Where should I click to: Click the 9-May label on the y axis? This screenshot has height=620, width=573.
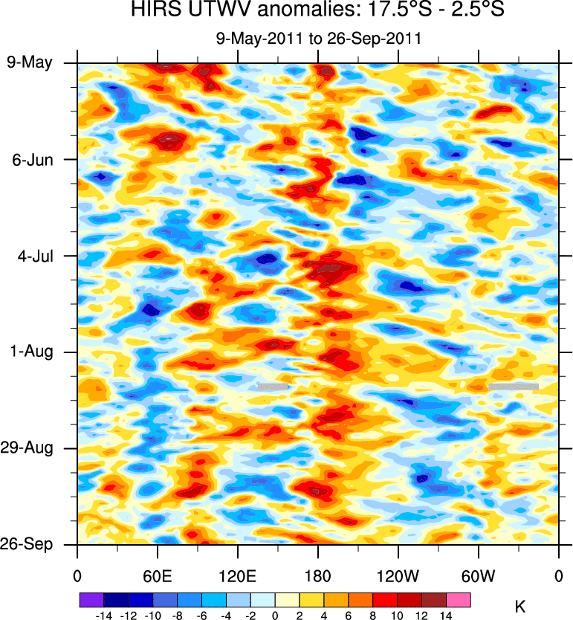click(x=30, y=62)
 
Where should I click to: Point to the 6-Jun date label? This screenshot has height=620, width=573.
click(x=30, y=159)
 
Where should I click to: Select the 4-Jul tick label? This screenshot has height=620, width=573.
click(x=33, y=256)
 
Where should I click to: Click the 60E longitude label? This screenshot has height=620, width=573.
click(x=158, y=576)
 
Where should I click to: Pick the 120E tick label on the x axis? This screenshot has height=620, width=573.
click(x=238, y=576)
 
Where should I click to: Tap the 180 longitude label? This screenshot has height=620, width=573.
click(x=318, y=576)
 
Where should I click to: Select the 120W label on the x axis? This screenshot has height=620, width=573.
click(x=398, y=576)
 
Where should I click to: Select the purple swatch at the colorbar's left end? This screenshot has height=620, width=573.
click(x=91, y=598)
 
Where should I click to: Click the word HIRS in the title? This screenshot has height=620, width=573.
click(x=155, y=10)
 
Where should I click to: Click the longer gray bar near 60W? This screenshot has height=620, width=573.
click(x=514, y=387)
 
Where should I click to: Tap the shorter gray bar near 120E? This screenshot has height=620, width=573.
click(x=273, y=387)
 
